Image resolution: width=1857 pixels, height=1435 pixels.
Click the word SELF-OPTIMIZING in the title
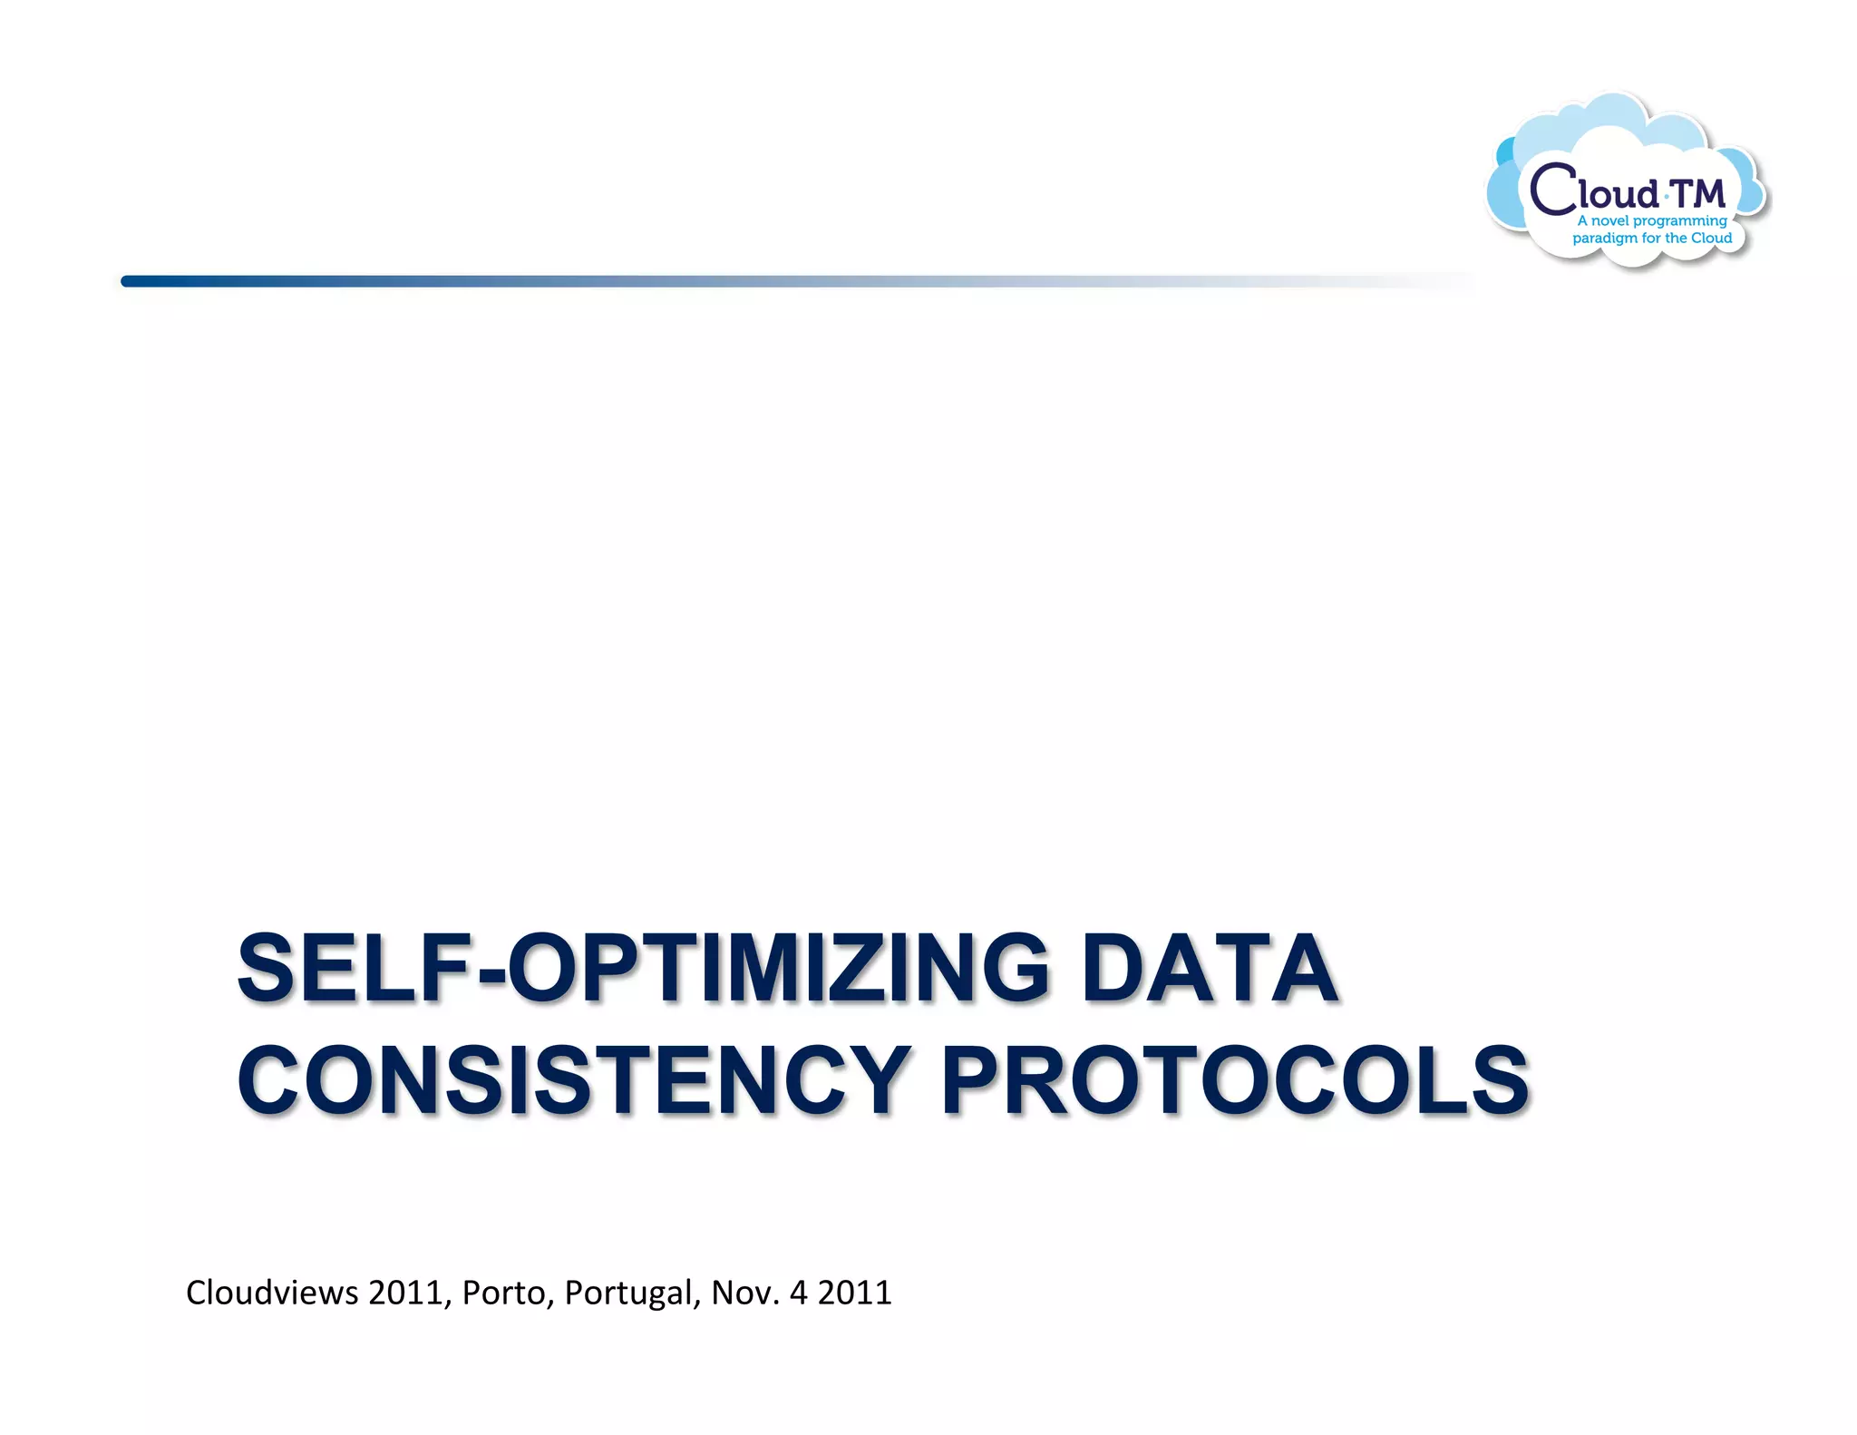[643, 968]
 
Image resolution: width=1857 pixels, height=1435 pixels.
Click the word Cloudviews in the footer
[272, 1292]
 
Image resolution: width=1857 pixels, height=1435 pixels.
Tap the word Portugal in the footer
[633, 1293]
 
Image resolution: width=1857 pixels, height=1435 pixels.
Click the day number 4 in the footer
[798, 1293]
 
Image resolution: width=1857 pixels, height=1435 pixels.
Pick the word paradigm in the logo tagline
[1604, 239]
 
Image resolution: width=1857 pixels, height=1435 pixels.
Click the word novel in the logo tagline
[1610, 220]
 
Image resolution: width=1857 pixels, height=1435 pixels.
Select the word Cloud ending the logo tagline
[1711, 238]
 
